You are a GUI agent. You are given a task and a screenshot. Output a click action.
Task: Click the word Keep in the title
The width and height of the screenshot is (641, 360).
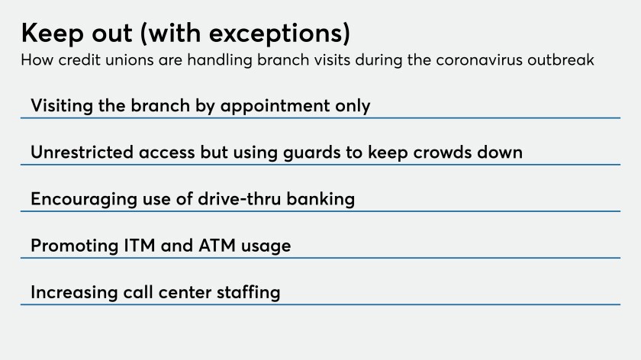[x=52, y=33]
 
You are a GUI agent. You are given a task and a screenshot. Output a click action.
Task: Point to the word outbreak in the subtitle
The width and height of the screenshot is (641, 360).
[x=560, y=60]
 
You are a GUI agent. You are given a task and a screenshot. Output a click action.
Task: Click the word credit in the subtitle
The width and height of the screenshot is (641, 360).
[x=79, y=60]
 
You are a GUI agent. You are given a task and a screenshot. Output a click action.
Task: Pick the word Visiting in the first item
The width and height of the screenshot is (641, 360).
[x=62, y=106]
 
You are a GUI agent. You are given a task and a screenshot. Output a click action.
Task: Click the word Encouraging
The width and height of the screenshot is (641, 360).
[x=84, y=199]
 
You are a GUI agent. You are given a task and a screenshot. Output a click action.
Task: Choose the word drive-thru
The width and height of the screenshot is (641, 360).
[x=240, y=199]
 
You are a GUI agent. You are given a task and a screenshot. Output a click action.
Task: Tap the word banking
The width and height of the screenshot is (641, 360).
[x=320, y=199]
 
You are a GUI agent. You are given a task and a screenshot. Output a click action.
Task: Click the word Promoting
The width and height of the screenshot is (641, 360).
[x=75, y=246]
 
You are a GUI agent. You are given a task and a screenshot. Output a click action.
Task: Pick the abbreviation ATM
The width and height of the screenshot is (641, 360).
[x=217, y=246]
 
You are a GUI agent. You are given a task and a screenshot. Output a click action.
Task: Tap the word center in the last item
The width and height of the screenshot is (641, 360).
[x=185, y=293]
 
